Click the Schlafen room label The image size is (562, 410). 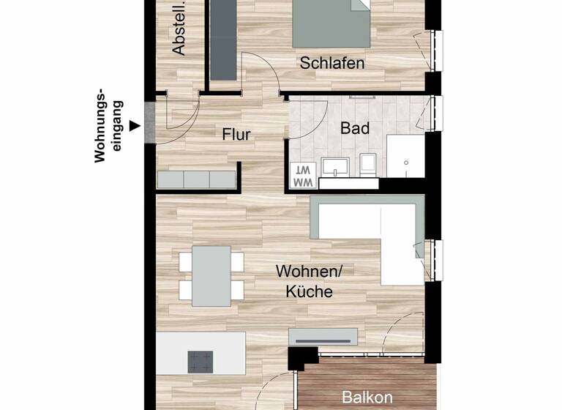tap(332, 64)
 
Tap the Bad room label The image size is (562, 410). tap(355, 128)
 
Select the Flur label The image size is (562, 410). tap(237, 135)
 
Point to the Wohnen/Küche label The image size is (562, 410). tap(304, 281)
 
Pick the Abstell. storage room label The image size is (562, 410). tap(179, 29)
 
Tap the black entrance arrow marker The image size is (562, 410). tap(134, 126)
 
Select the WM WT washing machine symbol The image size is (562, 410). tap(303, 175)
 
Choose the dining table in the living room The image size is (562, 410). tap(211, 275)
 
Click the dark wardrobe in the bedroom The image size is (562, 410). tap(223, 40)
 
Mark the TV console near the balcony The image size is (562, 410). tap(323, 337)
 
